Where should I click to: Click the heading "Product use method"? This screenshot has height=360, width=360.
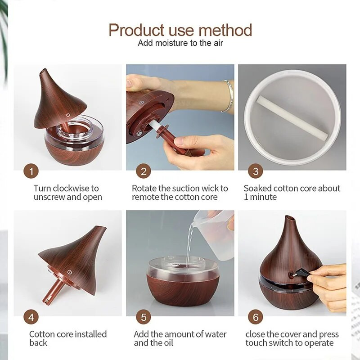pyautogui.click(x=180, y=30)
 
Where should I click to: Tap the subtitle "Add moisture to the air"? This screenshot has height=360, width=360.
pyautogui.click(x=180, y=43)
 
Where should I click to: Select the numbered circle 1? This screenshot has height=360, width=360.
pyautogui.click(x=31, y=171)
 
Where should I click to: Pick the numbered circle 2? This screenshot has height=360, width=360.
pyautogui.click(x=144, y=171)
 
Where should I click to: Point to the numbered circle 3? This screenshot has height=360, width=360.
pyautogui.click(x=256, y=171)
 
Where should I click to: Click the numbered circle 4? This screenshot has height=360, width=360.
pyautogui.click(x=31, y=317)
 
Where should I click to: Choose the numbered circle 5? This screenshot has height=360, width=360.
pyautogui.click(x=144, y=317)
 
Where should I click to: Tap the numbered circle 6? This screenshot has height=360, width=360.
pyautogui.click(x=256, y=317)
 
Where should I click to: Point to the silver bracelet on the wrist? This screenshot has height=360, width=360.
pyautogui.click(x=228, y=96)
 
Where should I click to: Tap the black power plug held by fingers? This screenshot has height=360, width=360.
pyautogui.click(x=299, y=274)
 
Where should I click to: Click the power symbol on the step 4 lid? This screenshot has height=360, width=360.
pyautogui.click(x=70, y=273)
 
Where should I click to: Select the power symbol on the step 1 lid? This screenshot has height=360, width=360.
pyautogui.click(x=68, y=115)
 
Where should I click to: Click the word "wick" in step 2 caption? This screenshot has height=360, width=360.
pyautogui.click(x=207, y=188)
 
